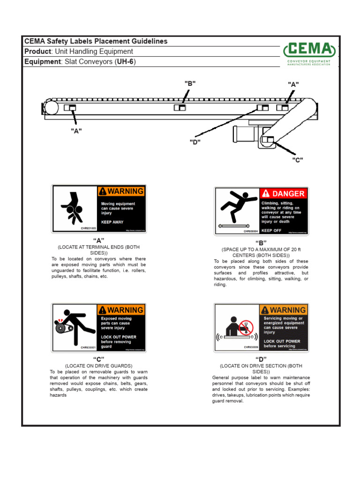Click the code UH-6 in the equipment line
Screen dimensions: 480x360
click(x=125, y=62)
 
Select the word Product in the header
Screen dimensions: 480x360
click(x=37, y=52)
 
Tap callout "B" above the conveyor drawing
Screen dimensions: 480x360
click(x=190, y=83)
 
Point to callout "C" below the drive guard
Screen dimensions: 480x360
click(x=297, y=160)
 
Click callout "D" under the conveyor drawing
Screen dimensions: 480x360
click(x=195, y=142)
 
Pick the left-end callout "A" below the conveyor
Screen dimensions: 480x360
click(x=76, y=131)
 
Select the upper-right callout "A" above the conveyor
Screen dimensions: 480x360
click(x=293, y=84)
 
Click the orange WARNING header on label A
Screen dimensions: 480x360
click(x=121, y=191)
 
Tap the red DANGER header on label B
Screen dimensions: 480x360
click(x=284, y=193)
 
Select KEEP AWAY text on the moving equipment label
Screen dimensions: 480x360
click(x=112, y=222)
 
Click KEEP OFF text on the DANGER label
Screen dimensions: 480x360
click(x=271, y=231)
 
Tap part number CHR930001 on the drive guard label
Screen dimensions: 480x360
click(x=88, y=347)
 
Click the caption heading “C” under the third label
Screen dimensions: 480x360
click(x=98, y=359)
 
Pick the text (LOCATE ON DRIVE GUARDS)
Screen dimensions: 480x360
click(x=98, y=366)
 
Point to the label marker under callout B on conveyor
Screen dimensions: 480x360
click(x=180, y=108)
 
